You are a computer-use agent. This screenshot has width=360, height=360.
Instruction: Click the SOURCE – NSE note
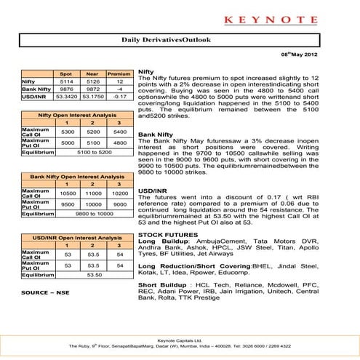pos(44,292)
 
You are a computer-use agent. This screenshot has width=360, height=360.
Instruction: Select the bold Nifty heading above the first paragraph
pos(145,73)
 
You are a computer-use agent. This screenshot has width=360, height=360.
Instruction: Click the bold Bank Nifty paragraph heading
pos(155,135)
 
